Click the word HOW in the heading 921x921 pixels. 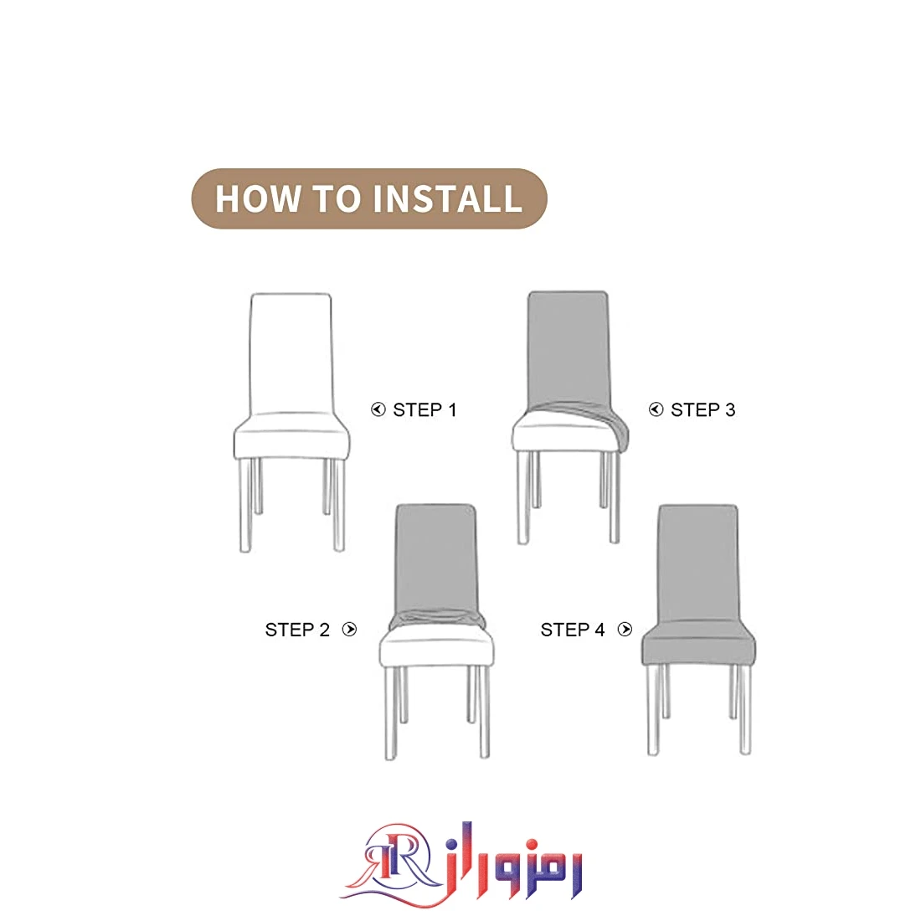pyautogui.click(x=258, y=198)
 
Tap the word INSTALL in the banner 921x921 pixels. pyautogui.click(x=447, y=198)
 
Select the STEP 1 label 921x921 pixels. pyautogui.click(x=424, y=410)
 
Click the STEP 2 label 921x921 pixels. pyautogui.click(x=297, y=630)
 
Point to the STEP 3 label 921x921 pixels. pyautogui.click(x=703, y=410)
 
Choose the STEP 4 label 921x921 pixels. pyautogui.click(x=573, y=630)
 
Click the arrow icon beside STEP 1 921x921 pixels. pyautogui.click(x=378, y=409)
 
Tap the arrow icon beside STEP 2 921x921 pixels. pyautogui.click(x=349, y=630)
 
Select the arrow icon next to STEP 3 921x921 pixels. pyautogui.click(x=656, y=409)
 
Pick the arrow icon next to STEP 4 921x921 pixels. pyautogui.click(x=625, y=630)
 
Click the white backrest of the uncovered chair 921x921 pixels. pyautogui.click(x=291, y=352)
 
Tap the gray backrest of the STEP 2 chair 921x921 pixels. pyautogui.click(x=436, y=558)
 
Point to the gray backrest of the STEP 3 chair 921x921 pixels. pyautogui.click(x=568, y=347)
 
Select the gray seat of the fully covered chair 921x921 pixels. pyautogui.click(x=698, y=642)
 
